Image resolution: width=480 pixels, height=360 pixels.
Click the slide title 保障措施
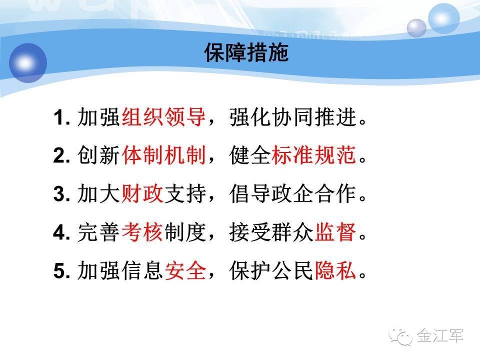pyautogui.click(x=246, y=52)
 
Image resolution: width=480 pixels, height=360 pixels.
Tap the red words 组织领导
pyautogui.click(x=164, y=117)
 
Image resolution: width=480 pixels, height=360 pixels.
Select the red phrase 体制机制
pyautogui.click(x=164, y=155)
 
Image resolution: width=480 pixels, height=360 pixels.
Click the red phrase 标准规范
pyautogui.click(x=313, y=155)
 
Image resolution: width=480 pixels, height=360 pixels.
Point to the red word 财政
pyautogui.click(x=142, y=193)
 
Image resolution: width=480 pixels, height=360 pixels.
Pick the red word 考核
pyautogui.click(x=142, y=232)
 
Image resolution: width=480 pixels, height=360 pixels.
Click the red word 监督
pyautogui.click(x=335, y=232)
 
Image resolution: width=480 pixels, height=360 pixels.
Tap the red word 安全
pyautogui.click(x=185, y=270)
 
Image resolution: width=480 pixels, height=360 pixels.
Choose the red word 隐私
pyautogui.click(x=335, y=270)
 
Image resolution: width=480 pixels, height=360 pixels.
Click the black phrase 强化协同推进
pyautogui.click(x=292, y=117)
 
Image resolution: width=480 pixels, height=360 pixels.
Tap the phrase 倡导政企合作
pyautogui.click(x=292, y=193)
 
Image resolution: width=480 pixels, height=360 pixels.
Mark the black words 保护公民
pyautogui.click(x=271, y=270)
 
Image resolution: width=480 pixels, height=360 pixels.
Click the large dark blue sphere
pyautogui.click(x=28, y=63)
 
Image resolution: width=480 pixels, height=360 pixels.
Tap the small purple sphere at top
pyautogui.click(x=416, y=28)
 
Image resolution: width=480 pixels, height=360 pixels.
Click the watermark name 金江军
pyautogui.click(x=440, y=336)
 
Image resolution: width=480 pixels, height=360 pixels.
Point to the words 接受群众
pyautogui.click(x=271, y=232)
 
